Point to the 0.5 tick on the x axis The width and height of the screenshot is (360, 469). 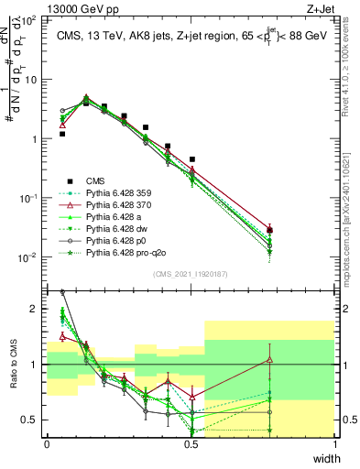coord(191,444)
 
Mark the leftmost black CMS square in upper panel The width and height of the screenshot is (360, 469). coord(62,134)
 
